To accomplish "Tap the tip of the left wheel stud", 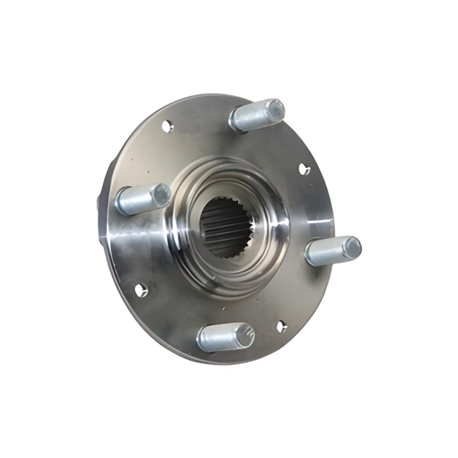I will [160, 195].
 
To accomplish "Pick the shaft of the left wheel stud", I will [136, 201].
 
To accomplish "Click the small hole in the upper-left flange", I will [168, 125].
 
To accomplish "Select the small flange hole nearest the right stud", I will [305, 169].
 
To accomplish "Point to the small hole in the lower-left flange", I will [140, 289].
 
